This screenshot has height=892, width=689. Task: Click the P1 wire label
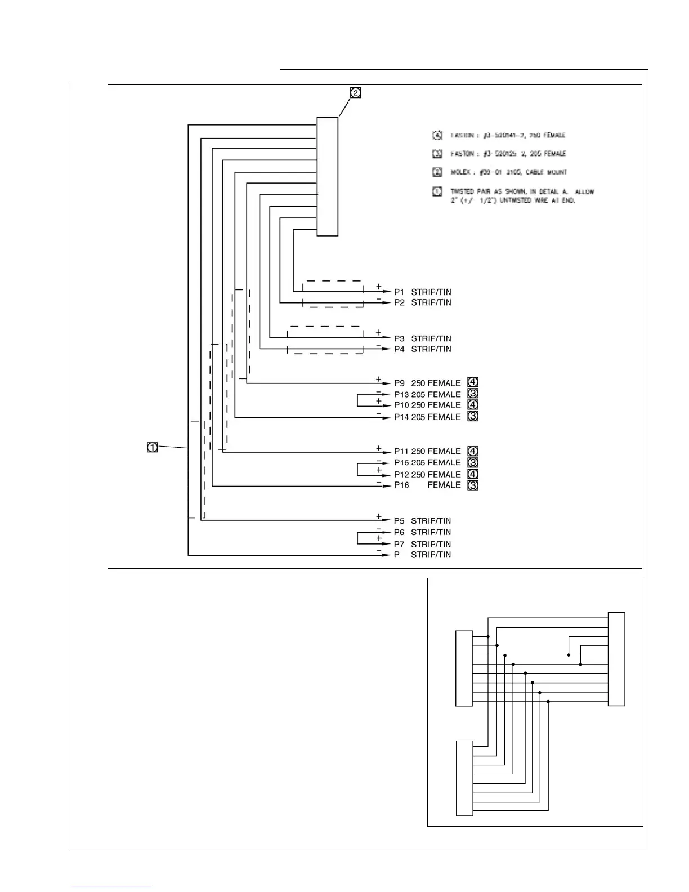[399, 292]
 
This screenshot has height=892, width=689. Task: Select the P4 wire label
[399, 349]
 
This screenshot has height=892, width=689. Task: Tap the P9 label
[399, 383]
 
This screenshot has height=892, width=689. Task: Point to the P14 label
[401, 417]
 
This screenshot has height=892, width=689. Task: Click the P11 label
[401, 452]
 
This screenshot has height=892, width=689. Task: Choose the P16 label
[401, 485]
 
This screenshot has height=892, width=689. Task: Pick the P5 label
[399, 521]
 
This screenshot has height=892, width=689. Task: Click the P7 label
[399, 545]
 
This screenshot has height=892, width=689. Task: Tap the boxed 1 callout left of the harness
[152, 448]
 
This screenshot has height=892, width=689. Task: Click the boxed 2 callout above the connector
[355, 93]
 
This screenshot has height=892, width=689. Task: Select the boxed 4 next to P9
[473, 383]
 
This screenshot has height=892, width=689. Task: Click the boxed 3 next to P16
[473, 485]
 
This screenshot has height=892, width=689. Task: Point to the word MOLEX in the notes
[460, 172]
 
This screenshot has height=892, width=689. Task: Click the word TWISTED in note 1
[463, 192]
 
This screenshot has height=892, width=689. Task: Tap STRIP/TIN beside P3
[431, 339]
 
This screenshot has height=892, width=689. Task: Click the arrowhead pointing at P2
[387, 303]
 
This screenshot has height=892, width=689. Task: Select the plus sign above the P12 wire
[379, 470]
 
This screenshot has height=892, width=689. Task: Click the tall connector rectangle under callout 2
[328, 176]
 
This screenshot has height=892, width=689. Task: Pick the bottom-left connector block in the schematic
[464, 778]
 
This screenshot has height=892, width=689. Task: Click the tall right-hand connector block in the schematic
[616, 659]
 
